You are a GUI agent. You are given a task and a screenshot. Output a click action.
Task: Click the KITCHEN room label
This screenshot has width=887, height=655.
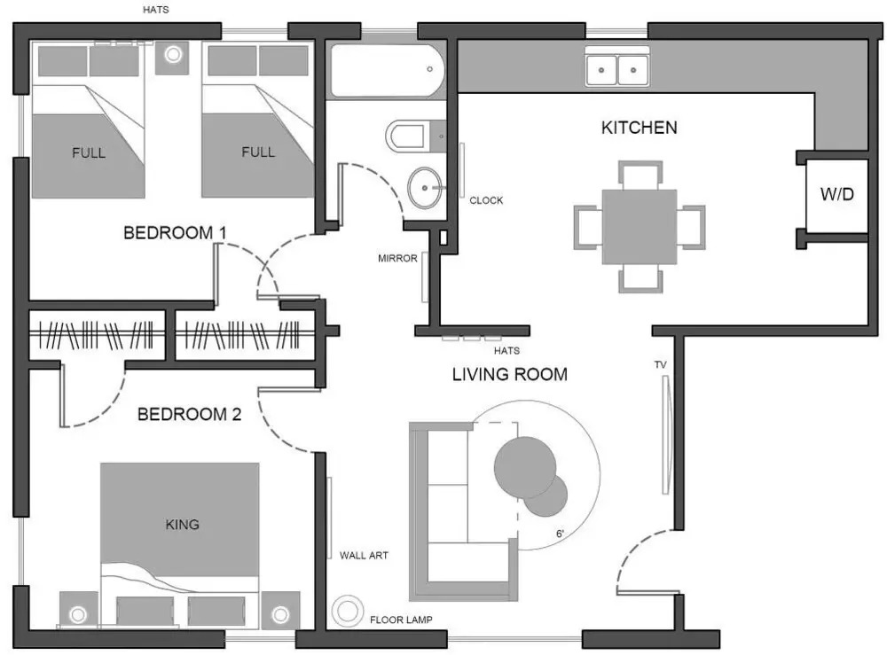point(639,128)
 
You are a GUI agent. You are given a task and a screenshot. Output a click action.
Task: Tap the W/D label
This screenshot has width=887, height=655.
point(836,194)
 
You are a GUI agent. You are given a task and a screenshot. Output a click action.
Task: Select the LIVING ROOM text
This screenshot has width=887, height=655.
point(510,374)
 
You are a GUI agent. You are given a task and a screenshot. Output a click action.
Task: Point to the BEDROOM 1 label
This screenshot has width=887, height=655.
point(175,232)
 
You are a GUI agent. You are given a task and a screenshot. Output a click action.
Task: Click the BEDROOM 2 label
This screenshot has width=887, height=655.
point(190,414)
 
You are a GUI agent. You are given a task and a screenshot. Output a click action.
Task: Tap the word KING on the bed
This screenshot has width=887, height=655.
point(182,525)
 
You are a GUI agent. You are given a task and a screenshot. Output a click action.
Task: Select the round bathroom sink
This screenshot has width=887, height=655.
point(424,188)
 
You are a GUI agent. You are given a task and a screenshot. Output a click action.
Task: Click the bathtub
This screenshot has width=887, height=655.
point(388,71)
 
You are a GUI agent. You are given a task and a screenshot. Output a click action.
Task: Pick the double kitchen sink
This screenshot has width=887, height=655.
point(617,69)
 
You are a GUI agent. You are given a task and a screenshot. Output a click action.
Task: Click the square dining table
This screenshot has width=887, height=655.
point(640,227)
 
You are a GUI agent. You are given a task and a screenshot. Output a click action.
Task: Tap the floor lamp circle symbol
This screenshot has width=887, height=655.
point(347,611)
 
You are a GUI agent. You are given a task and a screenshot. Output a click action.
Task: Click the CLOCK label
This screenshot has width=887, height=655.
point(486,200)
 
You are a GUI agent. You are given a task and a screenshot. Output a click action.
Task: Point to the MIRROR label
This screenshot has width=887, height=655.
point(397,258)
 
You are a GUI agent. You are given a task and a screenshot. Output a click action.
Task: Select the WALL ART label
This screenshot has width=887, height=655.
point(364,556)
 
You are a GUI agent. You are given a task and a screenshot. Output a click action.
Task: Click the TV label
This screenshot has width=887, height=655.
point(660,365)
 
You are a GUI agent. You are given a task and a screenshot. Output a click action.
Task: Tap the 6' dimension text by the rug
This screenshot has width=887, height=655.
point(560,534)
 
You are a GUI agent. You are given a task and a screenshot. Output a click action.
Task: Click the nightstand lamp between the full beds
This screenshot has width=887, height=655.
point(173,54)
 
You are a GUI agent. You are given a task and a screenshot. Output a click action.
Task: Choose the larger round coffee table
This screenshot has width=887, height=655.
point(525,467)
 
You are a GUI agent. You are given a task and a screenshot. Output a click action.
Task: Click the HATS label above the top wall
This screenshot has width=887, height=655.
point(155,10)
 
